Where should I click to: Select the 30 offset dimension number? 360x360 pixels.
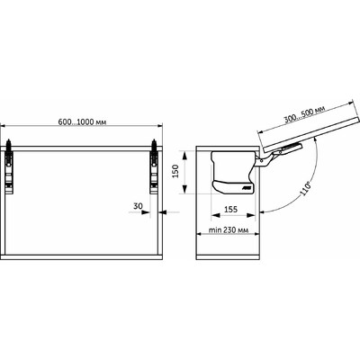(138, 205)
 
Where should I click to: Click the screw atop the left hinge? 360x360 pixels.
(12, 142)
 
